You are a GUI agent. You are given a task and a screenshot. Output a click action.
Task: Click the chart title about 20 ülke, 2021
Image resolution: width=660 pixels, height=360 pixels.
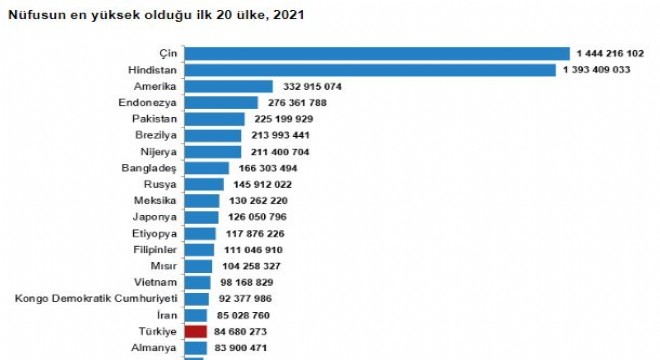click(x=156, y=15)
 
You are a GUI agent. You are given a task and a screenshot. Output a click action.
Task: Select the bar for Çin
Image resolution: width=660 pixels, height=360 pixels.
click(x=377, y=53)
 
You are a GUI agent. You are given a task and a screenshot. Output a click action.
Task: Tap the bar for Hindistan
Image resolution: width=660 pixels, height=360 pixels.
click(x=370, y=70)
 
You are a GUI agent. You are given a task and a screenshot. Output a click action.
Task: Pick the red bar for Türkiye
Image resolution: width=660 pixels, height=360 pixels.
click(x=196, y=332)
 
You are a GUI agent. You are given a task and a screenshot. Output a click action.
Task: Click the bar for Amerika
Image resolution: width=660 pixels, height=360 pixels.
click(x=229, y=86)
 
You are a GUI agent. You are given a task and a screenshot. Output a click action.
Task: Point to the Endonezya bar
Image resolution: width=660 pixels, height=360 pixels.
click(x=221, y=103)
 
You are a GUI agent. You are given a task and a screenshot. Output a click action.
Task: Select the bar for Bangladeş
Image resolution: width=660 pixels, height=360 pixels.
click(x=207, y=168)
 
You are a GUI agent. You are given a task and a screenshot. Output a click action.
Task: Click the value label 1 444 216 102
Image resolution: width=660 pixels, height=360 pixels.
click(x=610, y=53)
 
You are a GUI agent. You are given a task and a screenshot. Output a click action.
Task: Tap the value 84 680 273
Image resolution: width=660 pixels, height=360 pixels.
click(x=240, y=332)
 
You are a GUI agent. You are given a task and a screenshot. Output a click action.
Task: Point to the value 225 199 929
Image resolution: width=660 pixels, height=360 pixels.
click(x=284, y=119)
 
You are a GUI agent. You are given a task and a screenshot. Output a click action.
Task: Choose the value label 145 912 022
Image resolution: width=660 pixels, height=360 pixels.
click(x=263, y=184)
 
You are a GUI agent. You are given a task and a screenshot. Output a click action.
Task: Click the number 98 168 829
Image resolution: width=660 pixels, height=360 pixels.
click(x=247, y=283)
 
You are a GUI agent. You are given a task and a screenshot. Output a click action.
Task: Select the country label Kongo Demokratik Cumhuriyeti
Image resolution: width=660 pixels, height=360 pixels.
click(x=96, y=299)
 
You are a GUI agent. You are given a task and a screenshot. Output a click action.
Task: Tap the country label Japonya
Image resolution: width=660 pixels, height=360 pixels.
click(x=154, y=217)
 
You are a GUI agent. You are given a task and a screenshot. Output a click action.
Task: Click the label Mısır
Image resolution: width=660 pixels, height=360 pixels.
click(x=164, y=266)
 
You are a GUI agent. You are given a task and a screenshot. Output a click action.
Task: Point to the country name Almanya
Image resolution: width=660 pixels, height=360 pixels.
click(x=154, y=348)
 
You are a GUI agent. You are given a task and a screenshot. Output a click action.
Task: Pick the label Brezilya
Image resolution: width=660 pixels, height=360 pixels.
click(x=156, y=136)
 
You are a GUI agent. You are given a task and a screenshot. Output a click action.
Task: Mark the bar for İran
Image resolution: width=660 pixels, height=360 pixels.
click(x=196, y=315)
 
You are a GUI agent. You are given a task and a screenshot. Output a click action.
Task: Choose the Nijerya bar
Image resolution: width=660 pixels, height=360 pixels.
click(x=213, y=152)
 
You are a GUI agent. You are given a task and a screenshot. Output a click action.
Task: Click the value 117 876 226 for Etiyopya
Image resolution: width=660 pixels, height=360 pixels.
click(x=255, y=234)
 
